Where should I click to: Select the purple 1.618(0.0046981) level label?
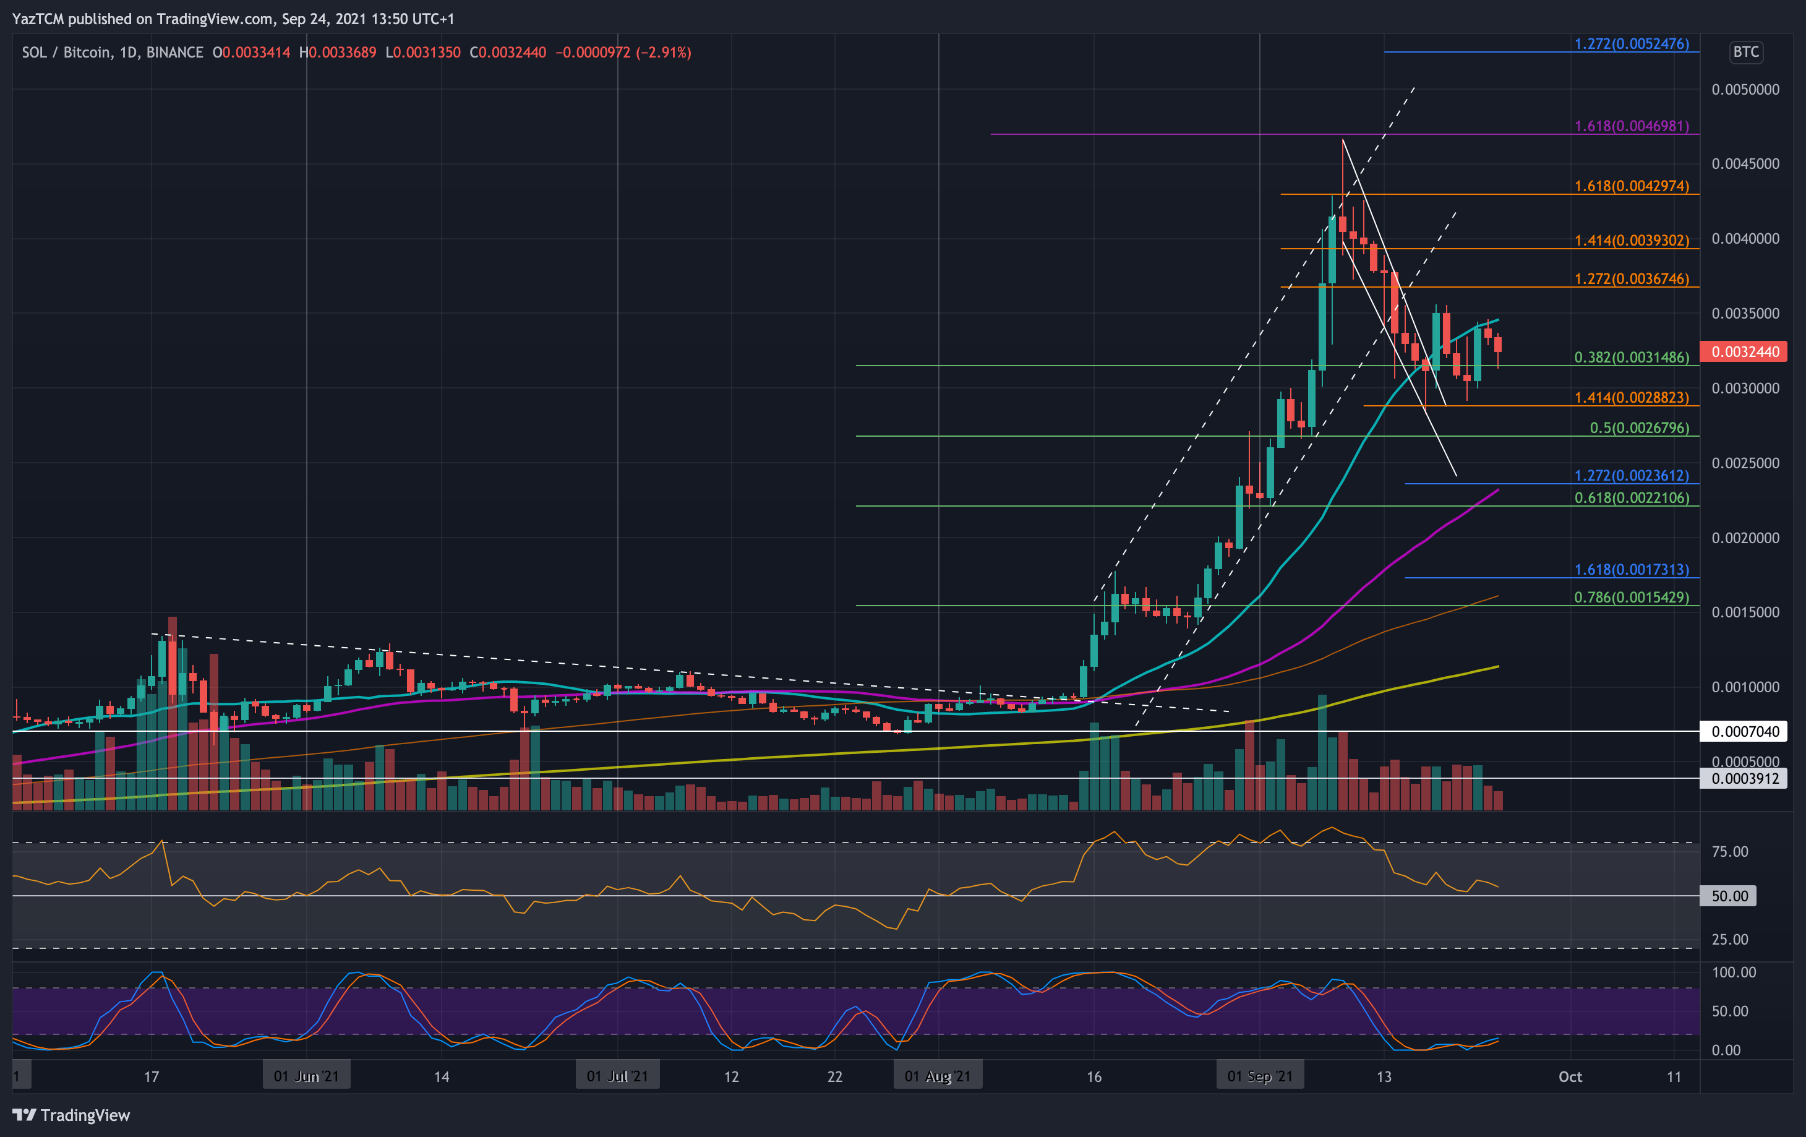(1631, 126)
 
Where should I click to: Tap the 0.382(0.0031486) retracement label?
(1631, 357)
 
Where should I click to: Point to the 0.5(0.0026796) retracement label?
(1639, 427)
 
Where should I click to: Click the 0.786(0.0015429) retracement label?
(1631, 597)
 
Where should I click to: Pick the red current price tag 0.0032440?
(1745, 352)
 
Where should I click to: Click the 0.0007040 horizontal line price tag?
(1745, 731)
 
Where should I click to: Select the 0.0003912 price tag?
(1745, 778)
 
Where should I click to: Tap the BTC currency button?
(1745, 52)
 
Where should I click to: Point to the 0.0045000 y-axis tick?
(1745, 163)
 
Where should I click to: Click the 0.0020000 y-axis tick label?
(1745, 538)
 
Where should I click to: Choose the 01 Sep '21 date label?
(1260, 1076)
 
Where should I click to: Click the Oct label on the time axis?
(1570, 1076)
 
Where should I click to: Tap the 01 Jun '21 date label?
(306, 1076)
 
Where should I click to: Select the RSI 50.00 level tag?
(1729, 896)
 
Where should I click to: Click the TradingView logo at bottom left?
(71, 1115)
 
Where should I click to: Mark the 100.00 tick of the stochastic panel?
(1733, 972)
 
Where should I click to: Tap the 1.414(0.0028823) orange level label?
(1631, 398)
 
